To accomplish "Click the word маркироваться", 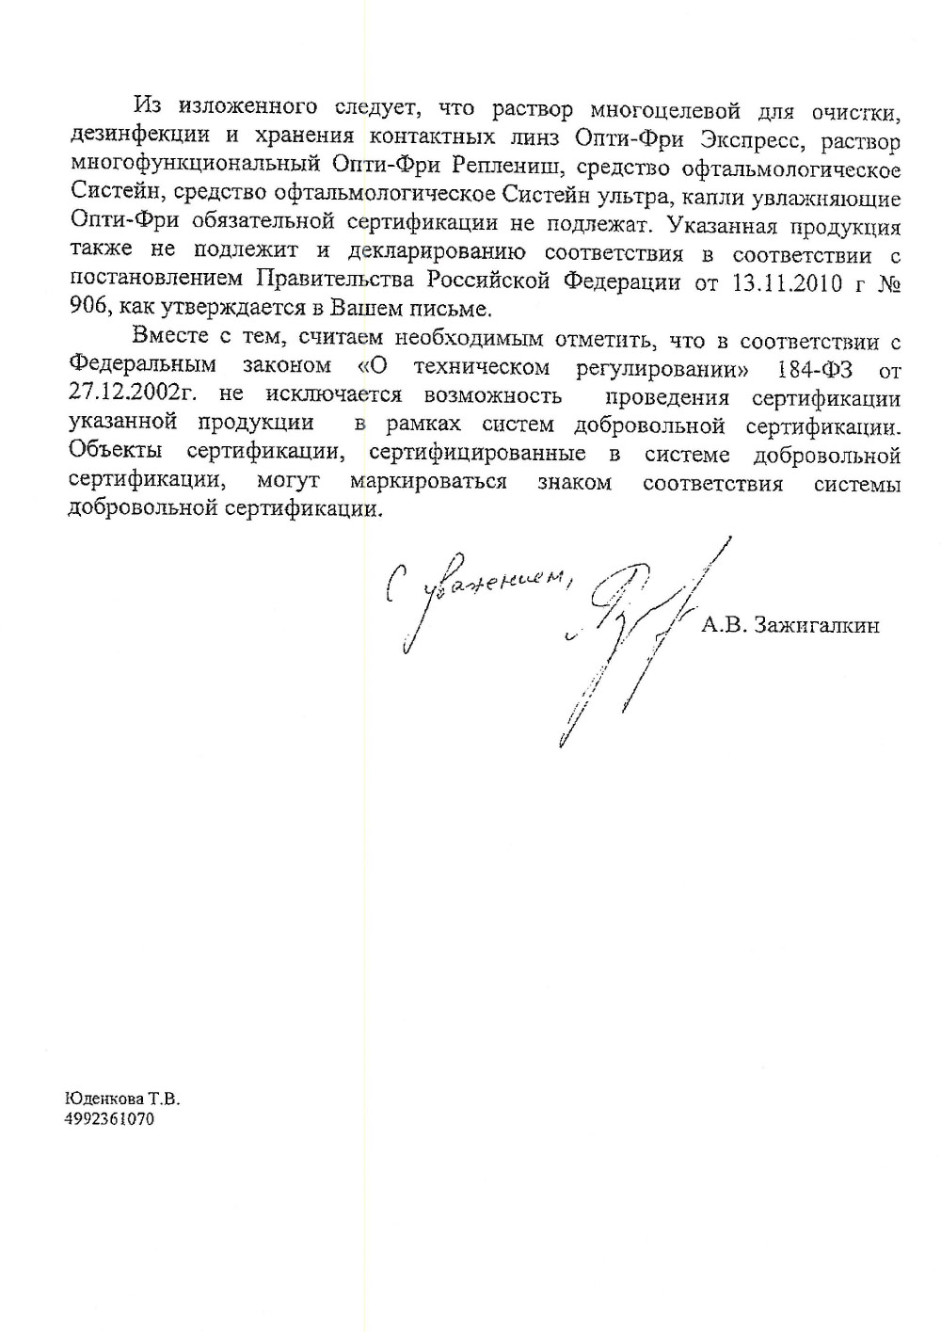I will (x=428, y=482).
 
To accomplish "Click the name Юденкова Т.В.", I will (x=121, y=1099).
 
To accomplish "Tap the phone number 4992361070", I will (x=109, y=1119).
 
